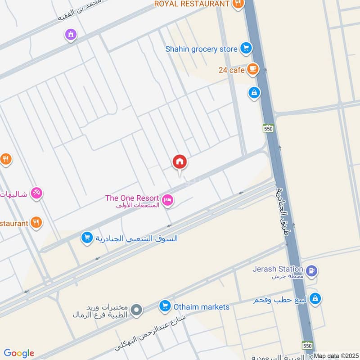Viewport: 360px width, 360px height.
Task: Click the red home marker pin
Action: point(180,162)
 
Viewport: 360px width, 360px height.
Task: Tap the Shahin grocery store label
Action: point(201,49)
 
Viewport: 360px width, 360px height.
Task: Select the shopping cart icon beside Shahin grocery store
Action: point(245,48)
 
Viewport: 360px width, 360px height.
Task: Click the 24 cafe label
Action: point(232,70)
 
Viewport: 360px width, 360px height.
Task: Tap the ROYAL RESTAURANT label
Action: point(192,4)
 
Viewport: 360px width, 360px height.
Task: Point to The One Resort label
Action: point(132,198)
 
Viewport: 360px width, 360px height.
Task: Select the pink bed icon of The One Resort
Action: point(167,200)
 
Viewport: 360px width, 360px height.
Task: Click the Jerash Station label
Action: point(277,269)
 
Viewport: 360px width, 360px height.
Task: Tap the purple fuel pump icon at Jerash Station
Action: point(311,271)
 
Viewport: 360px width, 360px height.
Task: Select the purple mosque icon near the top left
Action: point(70,34)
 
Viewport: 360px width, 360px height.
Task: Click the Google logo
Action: point(19,353)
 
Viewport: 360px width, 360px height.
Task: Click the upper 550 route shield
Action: point(269,129)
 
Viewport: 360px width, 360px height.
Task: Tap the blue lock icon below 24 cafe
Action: point(254,93)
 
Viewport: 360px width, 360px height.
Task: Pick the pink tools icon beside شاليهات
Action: point(37,193)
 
